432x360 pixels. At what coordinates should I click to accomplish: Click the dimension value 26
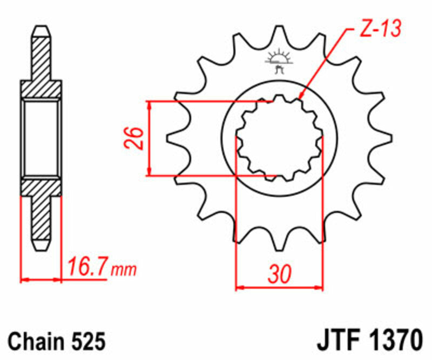point(136,138)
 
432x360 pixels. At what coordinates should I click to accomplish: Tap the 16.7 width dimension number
point(88,267)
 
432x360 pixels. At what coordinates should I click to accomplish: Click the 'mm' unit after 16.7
point(124,269)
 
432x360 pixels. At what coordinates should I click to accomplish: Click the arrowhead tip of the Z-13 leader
point(299,98)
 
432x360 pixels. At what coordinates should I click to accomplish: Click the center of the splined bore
point(279,138)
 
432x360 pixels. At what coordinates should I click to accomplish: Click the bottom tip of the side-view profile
point(41,249)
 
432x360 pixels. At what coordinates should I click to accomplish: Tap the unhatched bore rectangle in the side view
point(41,138)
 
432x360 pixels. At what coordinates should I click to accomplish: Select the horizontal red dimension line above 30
point(279,287)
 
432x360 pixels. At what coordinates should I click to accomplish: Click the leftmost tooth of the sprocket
point(172,138)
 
